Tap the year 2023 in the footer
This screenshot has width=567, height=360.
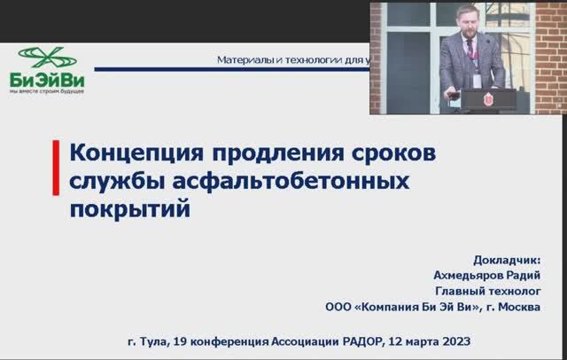point(453,340)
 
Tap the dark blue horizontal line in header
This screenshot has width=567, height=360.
point(221,70)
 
